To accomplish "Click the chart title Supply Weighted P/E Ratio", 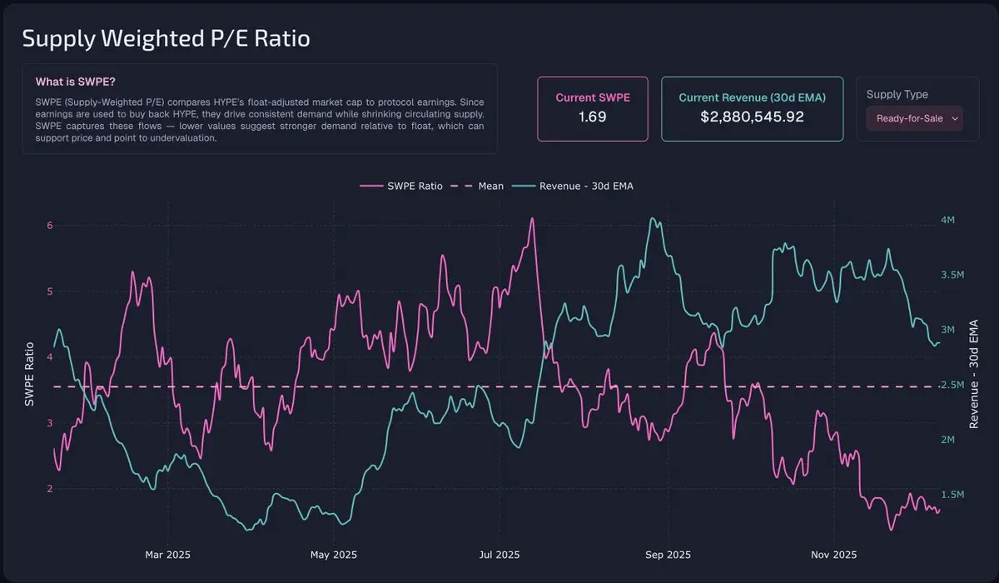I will pos(166,39).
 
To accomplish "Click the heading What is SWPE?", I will pos(75,82).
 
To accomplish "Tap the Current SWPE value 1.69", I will pos(592,117).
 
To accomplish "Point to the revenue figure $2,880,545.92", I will pos(752,117).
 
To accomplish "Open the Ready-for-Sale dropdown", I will pos(914,118).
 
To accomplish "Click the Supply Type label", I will pos(897,94).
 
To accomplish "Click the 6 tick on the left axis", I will pos(49,226).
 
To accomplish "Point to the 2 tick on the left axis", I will pos(49,489).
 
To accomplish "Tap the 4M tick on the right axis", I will pos(947,220).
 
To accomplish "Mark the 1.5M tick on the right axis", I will pos(952,495).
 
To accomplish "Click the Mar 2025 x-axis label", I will pos(168,555).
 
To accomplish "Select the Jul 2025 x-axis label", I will pos(500,555).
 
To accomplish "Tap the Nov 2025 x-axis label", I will pos(833,555).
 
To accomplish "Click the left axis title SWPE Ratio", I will pos(30,374).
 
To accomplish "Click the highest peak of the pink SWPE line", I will pos(531,219).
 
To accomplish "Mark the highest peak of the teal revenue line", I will pos(653,219).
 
